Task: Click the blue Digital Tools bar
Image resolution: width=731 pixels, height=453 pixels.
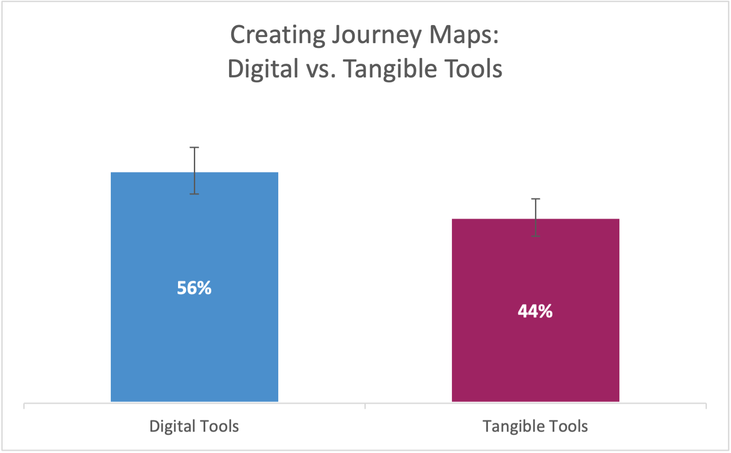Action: coord(194,286)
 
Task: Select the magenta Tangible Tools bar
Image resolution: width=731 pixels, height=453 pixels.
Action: coord(535,310)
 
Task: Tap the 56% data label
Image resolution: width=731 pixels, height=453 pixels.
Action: coord(194,288)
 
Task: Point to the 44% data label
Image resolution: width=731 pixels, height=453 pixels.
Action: coord(535,311)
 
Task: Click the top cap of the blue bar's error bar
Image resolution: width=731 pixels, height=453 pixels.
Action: coord(194,148)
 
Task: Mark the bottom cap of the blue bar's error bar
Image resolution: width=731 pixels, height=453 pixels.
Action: coord(194,194)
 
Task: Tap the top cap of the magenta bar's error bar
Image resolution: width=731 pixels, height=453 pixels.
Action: coord(535,199)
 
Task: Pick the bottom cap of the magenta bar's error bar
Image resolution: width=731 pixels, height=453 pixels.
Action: coord(535,236)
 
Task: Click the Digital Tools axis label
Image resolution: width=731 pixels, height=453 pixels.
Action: coord(194,426)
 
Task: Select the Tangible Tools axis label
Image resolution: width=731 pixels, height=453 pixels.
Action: coord(535,426)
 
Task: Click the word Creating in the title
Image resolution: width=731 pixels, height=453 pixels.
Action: coord(278,35)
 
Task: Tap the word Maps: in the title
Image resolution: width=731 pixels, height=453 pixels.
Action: coord(464,35)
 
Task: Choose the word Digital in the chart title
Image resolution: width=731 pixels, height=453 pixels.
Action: coord(263,69)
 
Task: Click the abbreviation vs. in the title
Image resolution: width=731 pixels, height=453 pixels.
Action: coord(320,70)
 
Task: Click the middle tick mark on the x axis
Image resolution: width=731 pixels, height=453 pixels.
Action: coord(365,406)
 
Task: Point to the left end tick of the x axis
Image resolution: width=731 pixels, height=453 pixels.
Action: coord(24,406)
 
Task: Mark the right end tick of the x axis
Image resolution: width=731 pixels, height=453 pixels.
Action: coord(706,406)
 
